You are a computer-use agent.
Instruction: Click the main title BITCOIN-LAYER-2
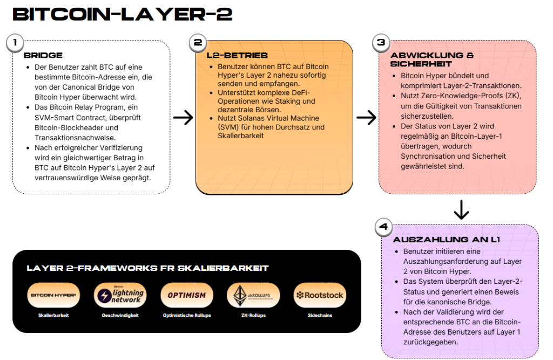(x=123, y=15)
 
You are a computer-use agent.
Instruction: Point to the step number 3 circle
(x=381, y=43)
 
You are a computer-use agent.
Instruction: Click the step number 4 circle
(x=384, y=228)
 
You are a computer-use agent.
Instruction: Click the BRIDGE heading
(x=43, y=55)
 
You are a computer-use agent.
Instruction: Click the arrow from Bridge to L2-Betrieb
(x=183, y=118)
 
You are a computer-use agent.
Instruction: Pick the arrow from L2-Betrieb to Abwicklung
(x=366, y=118)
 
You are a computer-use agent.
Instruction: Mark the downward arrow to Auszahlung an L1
(x=461, y=210)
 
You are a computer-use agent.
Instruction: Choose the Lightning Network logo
(x=120, y=295)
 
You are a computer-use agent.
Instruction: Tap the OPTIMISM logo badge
(x=186, y=295)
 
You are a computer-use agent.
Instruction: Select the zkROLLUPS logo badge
(x=253, y=295)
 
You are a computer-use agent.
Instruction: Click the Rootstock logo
(x=320, y=295)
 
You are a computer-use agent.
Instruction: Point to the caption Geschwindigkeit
(x=120, y=316)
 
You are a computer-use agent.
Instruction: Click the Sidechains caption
(x=320, y=316)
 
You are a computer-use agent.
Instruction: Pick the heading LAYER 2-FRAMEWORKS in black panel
(x=147, y=268)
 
